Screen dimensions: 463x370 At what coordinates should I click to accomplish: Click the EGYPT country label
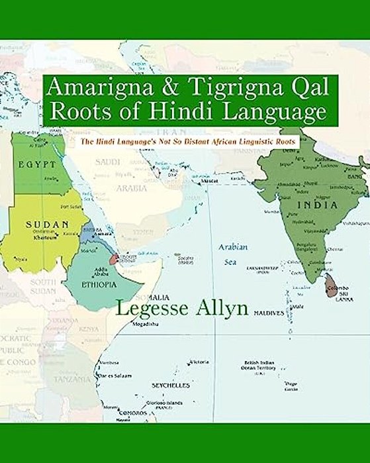[x=34, y=163]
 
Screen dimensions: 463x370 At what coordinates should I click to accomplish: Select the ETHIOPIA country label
[x=99, y=285]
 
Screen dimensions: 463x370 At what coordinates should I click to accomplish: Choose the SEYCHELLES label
[x=171, y=385]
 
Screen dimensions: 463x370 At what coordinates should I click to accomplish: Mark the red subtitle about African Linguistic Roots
[x=187, y=141]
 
